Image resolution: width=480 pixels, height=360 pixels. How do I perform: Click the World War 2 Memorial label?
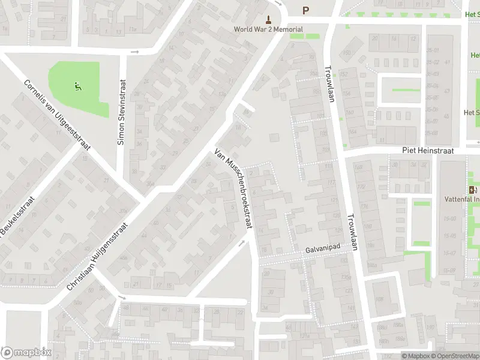(x=268, y=29)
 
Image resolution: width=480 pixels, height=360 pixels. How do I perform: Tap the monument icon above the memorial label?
(x=268, y=19)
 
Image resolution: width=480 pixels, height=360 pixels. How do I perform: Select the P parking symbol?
(x=305, y=10)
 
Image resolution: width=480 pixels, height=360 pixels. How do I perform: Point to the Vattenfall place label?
(x=461, y=199)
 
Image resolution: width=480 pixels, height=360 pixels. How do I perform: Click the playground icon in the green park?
(x=77, y=87)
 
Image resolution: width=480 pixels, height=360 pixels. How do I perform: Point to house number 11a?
(x=133, y=29)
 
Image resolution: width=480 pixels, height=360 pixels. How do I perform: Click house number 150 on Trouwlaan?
(x=346, y=53)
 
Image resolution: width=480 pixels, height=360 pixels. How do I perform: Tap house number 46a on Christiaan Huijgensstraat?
(x=124, y=258)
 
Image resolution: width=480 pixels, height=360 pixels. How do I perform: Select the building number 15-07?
(x=449, y=253)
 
